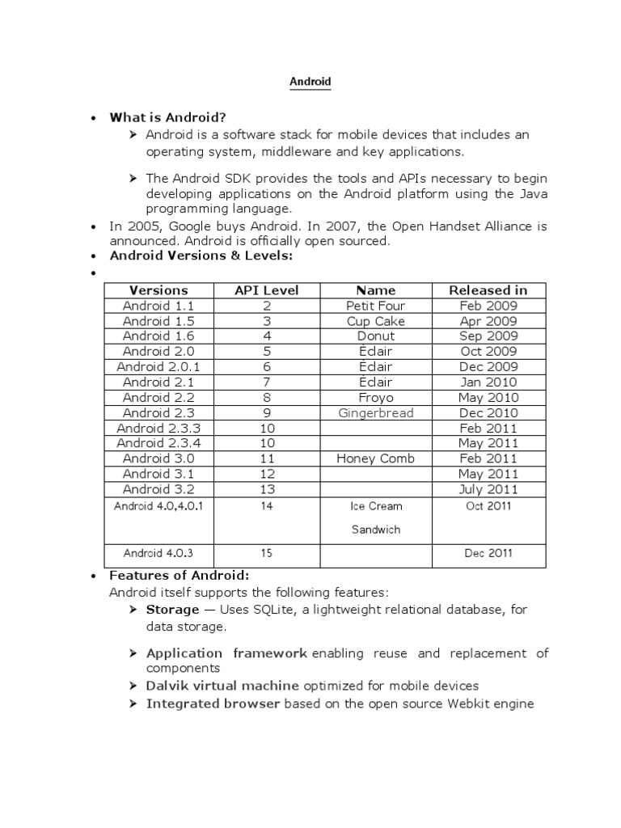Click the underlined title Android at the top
pyautogui.click(x=310, y=82)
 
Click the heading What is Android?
pyautogui.click(x=167, y=117)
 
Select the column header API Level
pyautogui.click(x=267, y=290)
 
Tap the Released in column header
pyautogui.click(x=488, y=290)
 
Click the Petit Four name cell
pyautogui.click(x=375, y=306)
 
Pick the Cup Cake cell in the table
pyautogui.click(x=375, y=321)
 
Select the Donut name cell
pyautogui.click(x=375, y=336)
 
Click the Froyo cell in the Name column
pyautogui.click(x=375, y=398)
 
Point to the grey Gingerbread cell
pyautogui.click(x=375, y=413)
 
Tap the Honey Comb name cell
pyautogui.click(x=375, y=458)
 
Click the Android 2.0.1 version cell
pyautogui.click(x=158, y=367)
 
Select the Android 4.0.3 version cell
pyautogui.click(x=158, y=554)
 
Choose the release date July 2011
pyautogui.click(x=488, y=489)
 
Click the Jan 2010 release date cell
pyautogui.click(x=488, y=382)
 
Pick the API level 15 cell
pyautogui.click(x=267, y=554)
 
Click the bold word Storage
pyautogui.click(x=172, y=610)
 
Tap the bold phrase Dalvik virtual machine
pyautogui.click(x=222, y=686)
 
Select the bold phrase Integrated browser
pyautogui.click(x=213, y=703)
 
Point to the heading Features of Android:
pyautogui.click(x=180, y=576)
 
